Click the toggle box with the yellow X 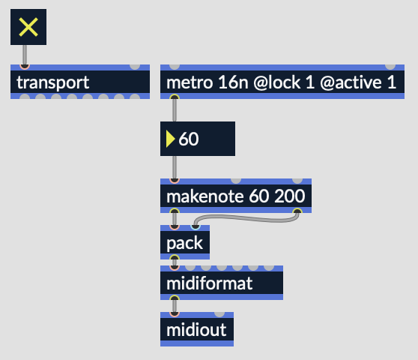coord(28,27)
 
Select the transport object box coord(80,82)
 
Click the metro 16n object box coord(282,82)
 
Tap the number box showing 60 coord(198,139)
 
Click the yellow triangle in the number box coord(170,139)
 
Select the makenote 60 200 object coord(236,196)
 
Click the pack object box coord(185,242)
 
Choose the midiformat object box coord(222,283)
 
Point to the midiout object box coord(197,329)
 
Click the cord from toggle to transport coord(25,55)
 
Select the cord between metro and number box coord(175,110)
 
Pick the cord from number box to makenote coord(175,167)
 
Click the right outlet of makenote coord(297,211)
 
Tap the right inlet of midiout coord(219,314)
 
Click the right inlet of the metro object coord(390,67)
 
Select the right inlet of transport coord(135,67)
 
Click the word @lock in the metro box coord(277,82)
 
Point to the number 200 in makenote coord(290,196)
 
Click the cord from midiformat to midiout coord(175,306)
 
